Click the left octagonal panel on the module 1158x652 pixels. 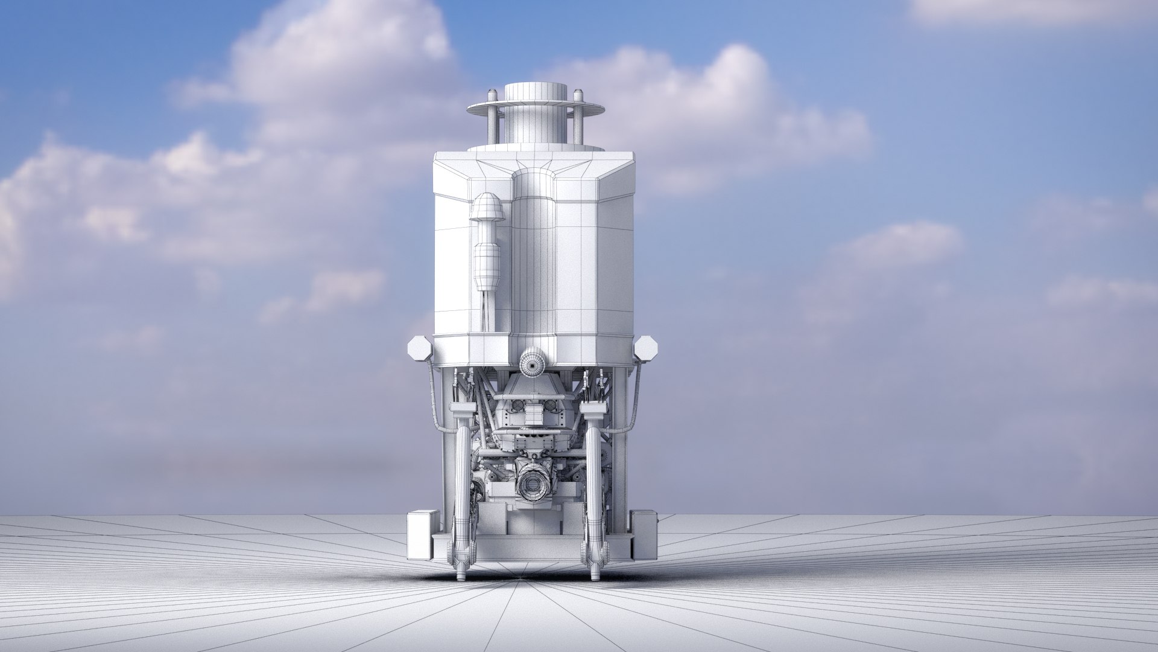[418, 349]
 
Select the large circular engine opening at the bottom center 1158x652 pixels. [533, 484]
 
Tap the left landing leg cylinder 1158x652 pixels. [462, 477]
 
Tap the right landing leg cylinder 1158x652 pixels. [594, 477]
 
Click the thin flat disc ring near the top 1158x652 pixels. [536, 109]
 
